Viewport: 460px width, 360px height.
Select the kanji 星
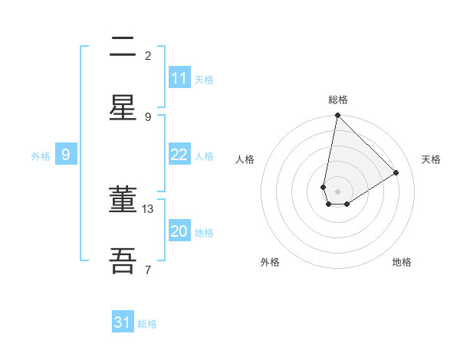(x=123, y=108)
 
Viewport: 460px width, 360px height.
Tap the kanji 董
(x=123, y=199)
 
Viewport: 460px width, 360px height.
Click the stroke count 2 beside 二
(x=148, y=55)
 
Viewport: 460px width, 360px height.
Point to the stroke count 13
(x=148, y=208)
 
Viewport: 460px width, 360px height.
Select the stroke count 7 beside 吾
(x=148, y=270)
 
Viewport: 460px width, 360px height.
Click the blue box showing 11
(x=179, y=78)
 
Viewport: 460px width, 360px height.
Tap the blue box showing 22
(x=179, y=155)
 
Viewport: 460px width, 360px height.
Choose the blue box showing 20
(x=179, y=231)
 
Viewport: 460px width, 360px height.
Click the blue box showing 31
(x=123, y=322)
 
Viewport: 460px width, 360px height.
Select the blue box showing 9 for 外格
(x=66, y=155)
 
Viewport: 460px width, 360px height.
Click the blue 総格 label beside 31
(x=147, y=324)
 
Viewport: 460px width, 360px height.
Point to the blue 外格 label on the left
(x=41, y=156)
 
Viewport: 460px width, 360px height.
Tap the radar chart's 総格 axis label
(x=338, y=100)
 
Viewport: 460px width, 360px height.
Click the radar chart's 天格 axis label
(x=431, y=159)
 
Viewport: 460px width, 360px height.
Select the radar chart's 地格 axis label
(x=402, y=262)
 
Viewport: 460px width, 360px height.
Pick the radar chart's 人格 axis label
(x=245, y=159)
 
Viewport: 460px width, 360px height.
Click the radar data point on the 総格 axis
(x=337, y=116)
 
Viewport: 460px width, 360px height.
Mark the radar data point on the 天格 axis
(x=396, y=172)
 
